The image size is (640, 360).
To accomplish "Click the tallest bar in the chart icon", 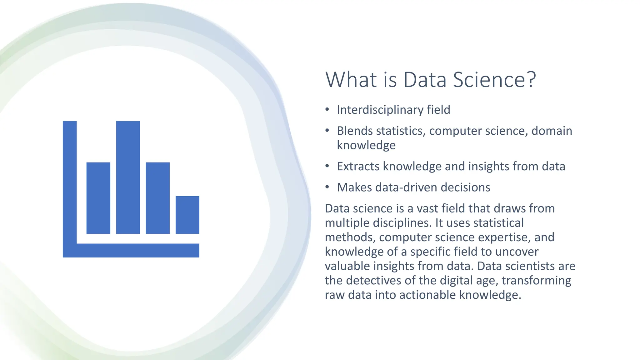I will point(128,177).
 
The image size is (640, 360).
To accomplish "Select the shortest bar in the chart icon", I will point(187,215).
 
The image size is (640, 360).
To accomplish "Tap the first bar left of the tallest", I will point(98,198).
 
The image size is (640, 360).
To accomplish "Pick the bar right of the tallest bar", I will point(157,198).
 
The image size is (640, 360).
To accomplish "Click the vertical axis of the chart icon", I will point(69,181).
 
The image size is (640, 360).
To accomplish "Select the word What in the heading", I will point(351,80).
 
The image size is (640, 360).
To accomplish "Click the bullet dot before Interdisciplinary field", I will point(327,109).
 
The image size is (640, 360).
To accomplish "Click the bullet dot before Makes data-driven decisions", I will point(327,187).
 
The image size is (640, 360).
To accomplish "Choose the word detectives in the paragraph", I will point(373,280).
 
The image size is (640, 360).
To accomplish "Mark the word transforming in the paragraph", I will point(536,280).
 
